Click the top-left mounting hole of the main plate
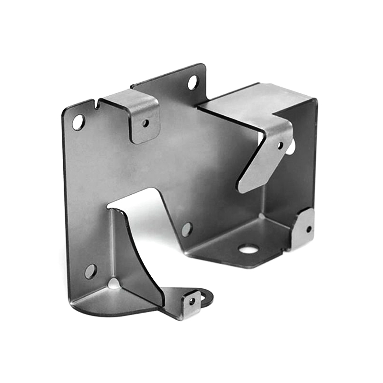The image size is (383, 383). (x=78, y=122)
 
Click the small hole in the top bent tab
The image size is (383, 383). (x=146, y=123)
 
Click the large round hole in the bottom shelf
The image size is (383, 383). (x=248, y=248)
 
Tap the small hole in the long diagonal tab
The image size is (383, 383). (x=280, y=145)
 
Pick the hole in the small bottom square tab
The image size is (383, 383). (x=192, y=301)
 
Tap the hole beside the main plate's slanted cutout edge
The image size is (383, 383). (x=187, y=229)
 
